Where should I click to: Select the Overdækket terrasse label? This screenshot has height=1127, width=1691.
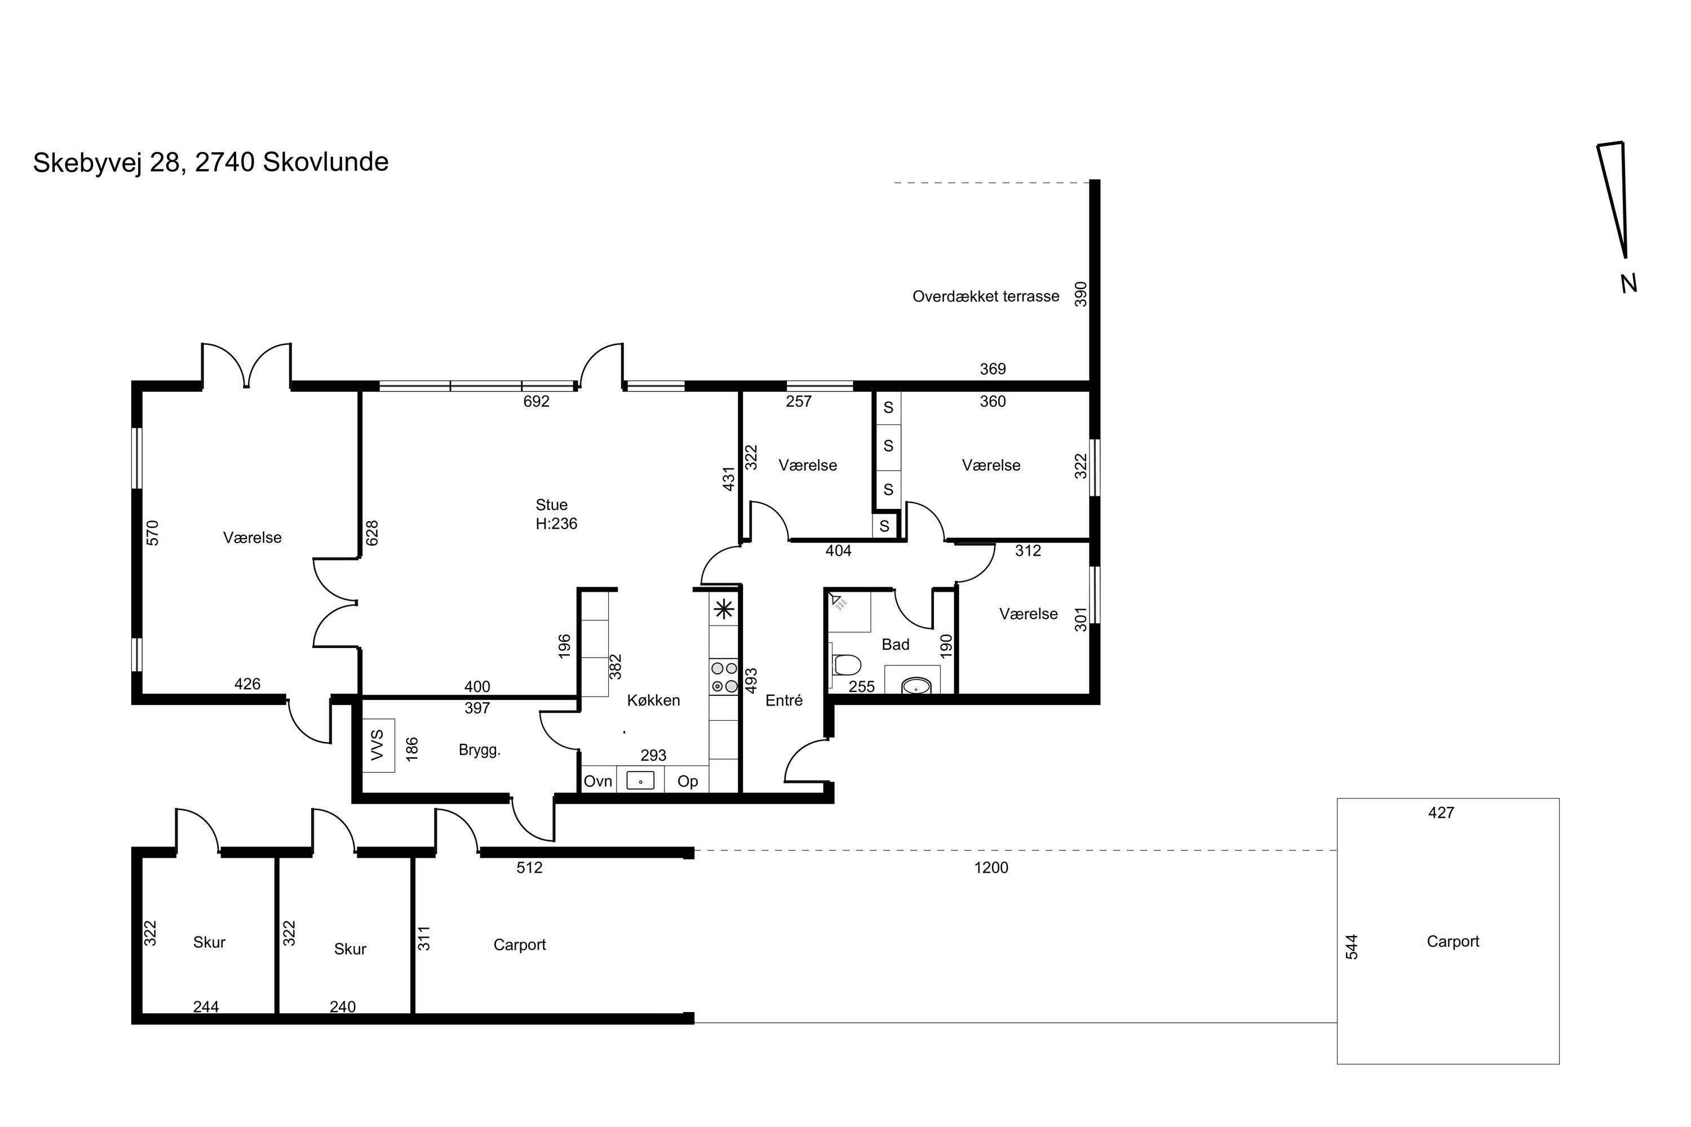[986, 296]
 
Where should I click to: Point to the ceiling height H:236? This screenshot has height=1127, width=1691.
[556, 523]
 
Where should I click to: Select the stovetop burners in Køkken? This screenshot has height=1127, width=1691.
[724, 678]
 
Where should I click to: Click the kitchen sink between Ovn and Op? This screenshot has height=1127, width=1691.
[640, 780]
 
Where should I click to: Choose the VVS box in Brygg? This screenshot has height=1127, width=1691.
[378, 746]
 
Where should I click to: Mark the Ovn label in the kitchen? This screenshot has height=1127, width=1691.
[598, 781]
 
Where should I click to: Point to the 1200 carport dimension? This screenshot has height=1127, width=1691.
[991, 868]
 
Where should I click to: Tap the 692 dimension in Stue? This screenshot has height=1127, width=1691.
[537, 401]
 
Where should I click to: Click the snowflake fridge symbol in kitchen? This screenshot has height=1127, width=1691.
[723, 610]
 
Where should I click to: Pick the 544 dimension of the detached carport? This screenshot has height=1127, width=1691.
[1352, 947]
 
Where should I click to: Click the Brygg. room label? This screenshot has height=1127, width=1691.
[480, 751]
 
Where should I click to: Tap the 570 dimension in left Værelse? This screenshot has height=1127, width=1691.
[152, 533]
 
